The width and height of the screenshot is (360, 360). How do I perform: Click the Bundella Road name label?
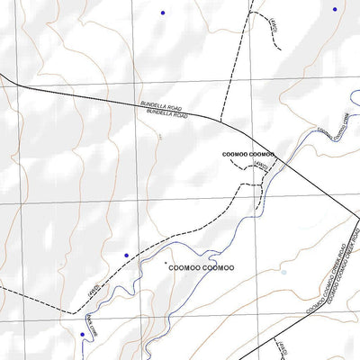pyautogui.click(x=164, y=111)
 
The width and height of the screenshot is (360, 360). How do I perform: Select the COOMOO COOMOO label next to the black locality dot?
pyautogui.click(x=200, y=267)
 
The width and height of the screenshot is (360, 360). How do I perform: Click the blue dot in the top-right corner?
pyautogui.click(x=335, y=9)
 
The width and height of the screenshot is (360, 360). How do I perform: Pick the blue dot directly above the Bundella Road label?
pyautogui.click(x=163, y=12)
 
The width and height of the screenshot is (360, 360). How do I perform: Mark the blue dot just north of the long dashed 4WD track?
pyautogui.click(x=126, y=255)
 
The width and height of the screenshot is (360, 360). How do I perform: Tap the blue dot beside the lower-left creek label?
pyautogui.click(x=82, y=334)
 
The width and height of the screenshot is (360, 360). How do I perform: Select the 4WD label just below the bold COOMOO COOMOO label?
pyautogui.click(x=260, y=166)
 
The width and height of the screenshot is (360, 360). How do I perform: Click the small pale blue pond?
pyautogui.click(x=283, y=271)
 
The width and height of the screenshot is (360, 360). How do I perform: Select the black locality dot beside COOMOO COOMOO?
pyautogui.click(x=166, y=263)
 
